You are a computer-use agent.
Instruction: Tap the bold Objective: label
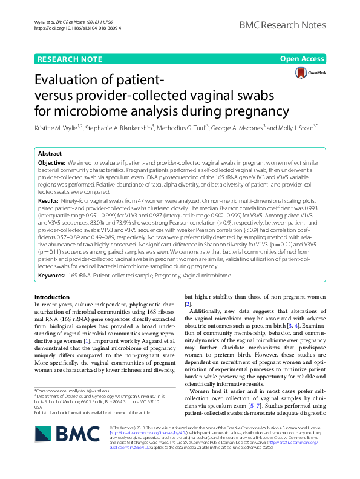pyautogui.click(x=51, y=163)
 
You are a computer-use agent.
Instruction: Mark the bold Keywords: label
pyautogui.click(x=51, y=276)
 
